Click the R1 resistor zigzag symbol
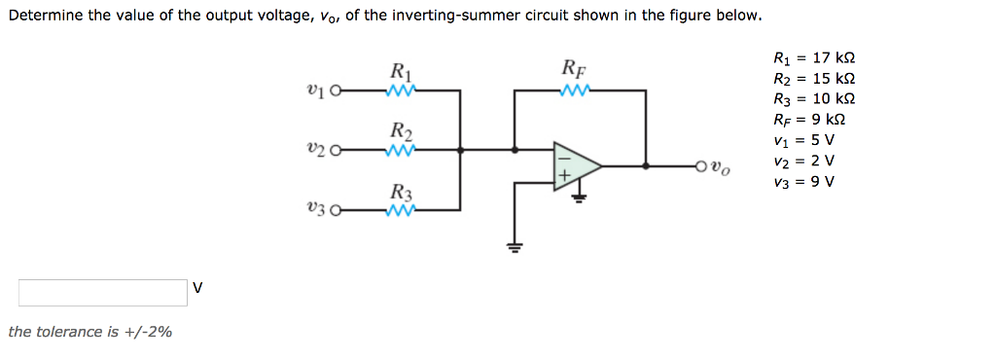click(402, 91)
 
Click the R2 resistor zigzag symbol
click(402, 151)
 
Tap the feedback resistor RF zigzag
click(575, 90)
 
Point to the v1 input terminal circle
click(337, 92)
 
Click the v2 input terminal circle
click(337, 151)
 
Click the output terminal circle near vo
click(700, 166)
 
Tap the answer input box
click(102, 292)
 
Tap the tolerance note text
click(89, 332)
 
